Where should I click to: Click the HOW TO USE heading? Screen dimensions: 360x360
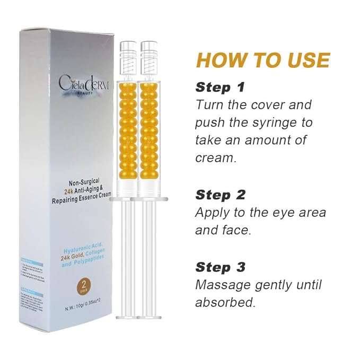[263, 60]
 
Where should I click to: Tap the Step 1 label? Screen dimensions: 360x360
[221, 87]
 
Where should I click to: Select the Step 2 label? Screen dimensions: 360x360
[221, 195]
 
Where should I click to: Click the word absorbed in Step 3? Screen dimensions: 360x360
[225, 303]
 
